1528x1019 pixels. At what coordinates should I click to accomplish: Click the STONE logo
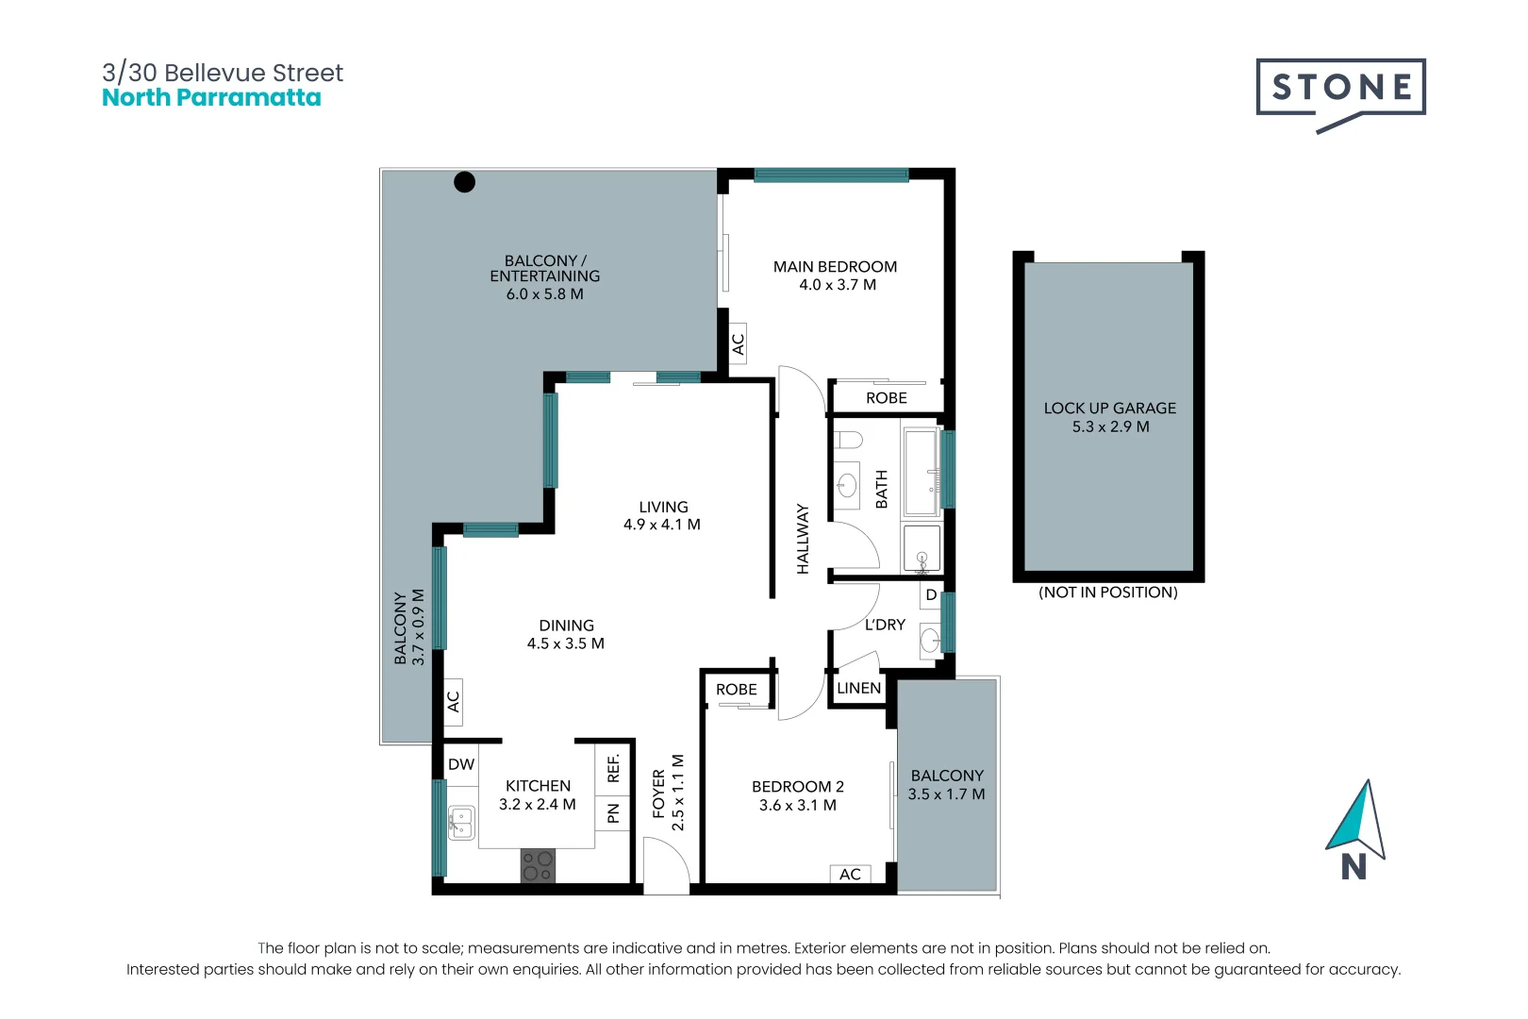click(x=1340, y=89)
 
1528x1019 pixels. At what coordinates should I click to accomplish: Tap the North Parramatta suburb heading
click(x=211, y=98)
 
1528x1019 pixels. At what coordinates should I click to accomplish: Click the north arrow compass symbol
click(x=1356, y=821)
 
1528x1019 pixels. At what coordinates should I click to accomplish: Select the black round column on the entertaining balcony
click(x=464, y=182)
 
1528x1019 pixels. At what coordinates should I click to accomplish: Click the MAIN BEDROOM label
click(x=835, y=267)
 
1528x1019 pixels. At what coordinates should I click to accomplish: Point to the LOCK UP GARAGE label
click(x=1109, y=409)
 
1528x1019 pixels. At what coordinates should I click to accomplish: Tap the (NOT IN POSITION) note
click(x=1108, y=593)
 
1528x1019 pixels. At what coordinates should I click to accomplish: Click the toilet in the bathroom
click(x=849, y=440)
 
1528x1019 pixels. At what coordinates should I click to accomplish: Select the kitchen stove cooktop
click(x=538, y=866)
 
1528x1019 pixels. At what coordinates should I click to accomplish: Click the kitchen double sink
click(x=460, y=823)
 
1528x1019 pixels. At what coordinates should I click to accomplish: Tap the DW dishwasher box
click(x=461, y=764)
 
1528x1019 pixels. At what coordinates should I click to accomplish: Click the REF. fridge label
click(x=613, y=768)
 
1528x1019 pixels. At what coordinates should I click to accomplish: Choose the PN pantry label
click(x=613, y=812)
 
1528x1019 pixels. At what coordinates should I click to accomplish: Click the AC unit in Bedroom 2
click(x=850, y=875)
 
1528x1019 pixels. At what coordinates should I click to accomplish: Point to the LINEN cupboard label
click(x=858, y=689)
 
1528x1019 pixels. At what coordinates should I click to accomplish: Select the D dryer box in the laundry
click(x=931, y=595)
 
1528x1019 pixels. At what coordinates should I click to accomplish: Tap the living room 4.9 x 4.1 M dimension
click(x=662, y=525)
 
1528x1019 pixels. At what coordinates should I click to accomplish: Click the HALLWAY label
click(x=803, y=539)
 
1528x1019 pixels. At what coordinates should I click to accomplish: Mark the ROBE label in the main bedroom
click(x=887, y=398)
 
